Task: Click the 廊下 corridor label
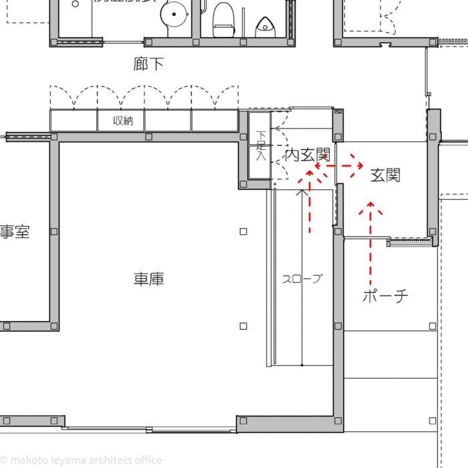148,64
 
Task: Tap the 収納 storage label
122,121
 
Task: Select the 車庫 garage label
148,279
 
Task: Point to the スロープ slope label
302,279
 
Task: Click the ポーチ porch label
386,296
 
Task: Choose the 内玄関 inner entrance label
308,155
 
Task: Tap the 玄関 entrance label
385,176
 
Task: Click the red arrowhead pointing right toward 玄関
358,164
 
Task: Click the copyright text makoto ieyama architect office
82,460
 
